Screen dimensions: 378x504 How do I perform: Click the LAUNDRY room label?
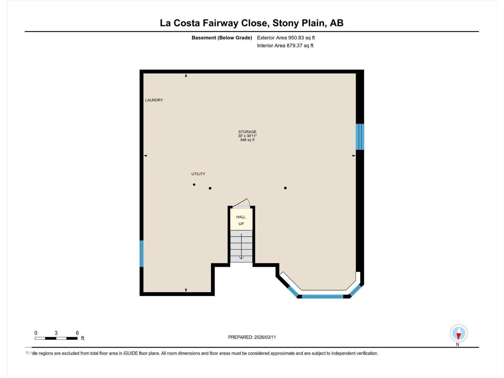click(154, 100)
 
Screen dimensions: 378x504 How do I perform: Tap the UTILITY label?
click(198, 174)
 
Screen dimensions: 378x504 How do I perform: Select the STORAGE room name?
click(247, 132)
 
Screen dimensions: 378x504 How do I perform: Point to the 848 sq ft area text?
click(247, 140)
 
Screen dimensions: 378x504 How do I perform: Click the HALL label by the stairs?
click(241, 217)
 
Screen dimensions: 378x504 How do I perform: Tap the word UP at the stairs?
click(241, 224)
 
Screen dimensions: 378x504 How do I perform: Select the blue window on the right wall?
click(360, 137)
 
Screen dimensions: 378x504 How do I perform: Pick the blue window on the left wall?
click(141, 254)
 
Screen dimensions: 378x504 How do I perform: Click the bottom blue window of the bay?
click(322, 296)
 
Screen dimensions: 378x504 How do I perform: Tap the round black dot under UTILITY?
click(194, 185)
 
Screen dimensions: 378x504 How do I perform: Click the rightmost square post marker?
click(285, 188)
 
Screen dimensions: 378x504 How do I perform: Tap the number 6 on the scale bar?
click(77, 333)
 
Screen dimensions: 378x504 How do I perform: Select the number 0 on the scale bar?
click(36, 333)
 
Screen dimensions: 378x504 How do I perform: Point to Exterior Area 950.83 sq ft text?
click(286, 38)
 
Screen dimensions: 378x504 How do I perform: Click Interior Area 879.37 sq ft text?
click(285, 46)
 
